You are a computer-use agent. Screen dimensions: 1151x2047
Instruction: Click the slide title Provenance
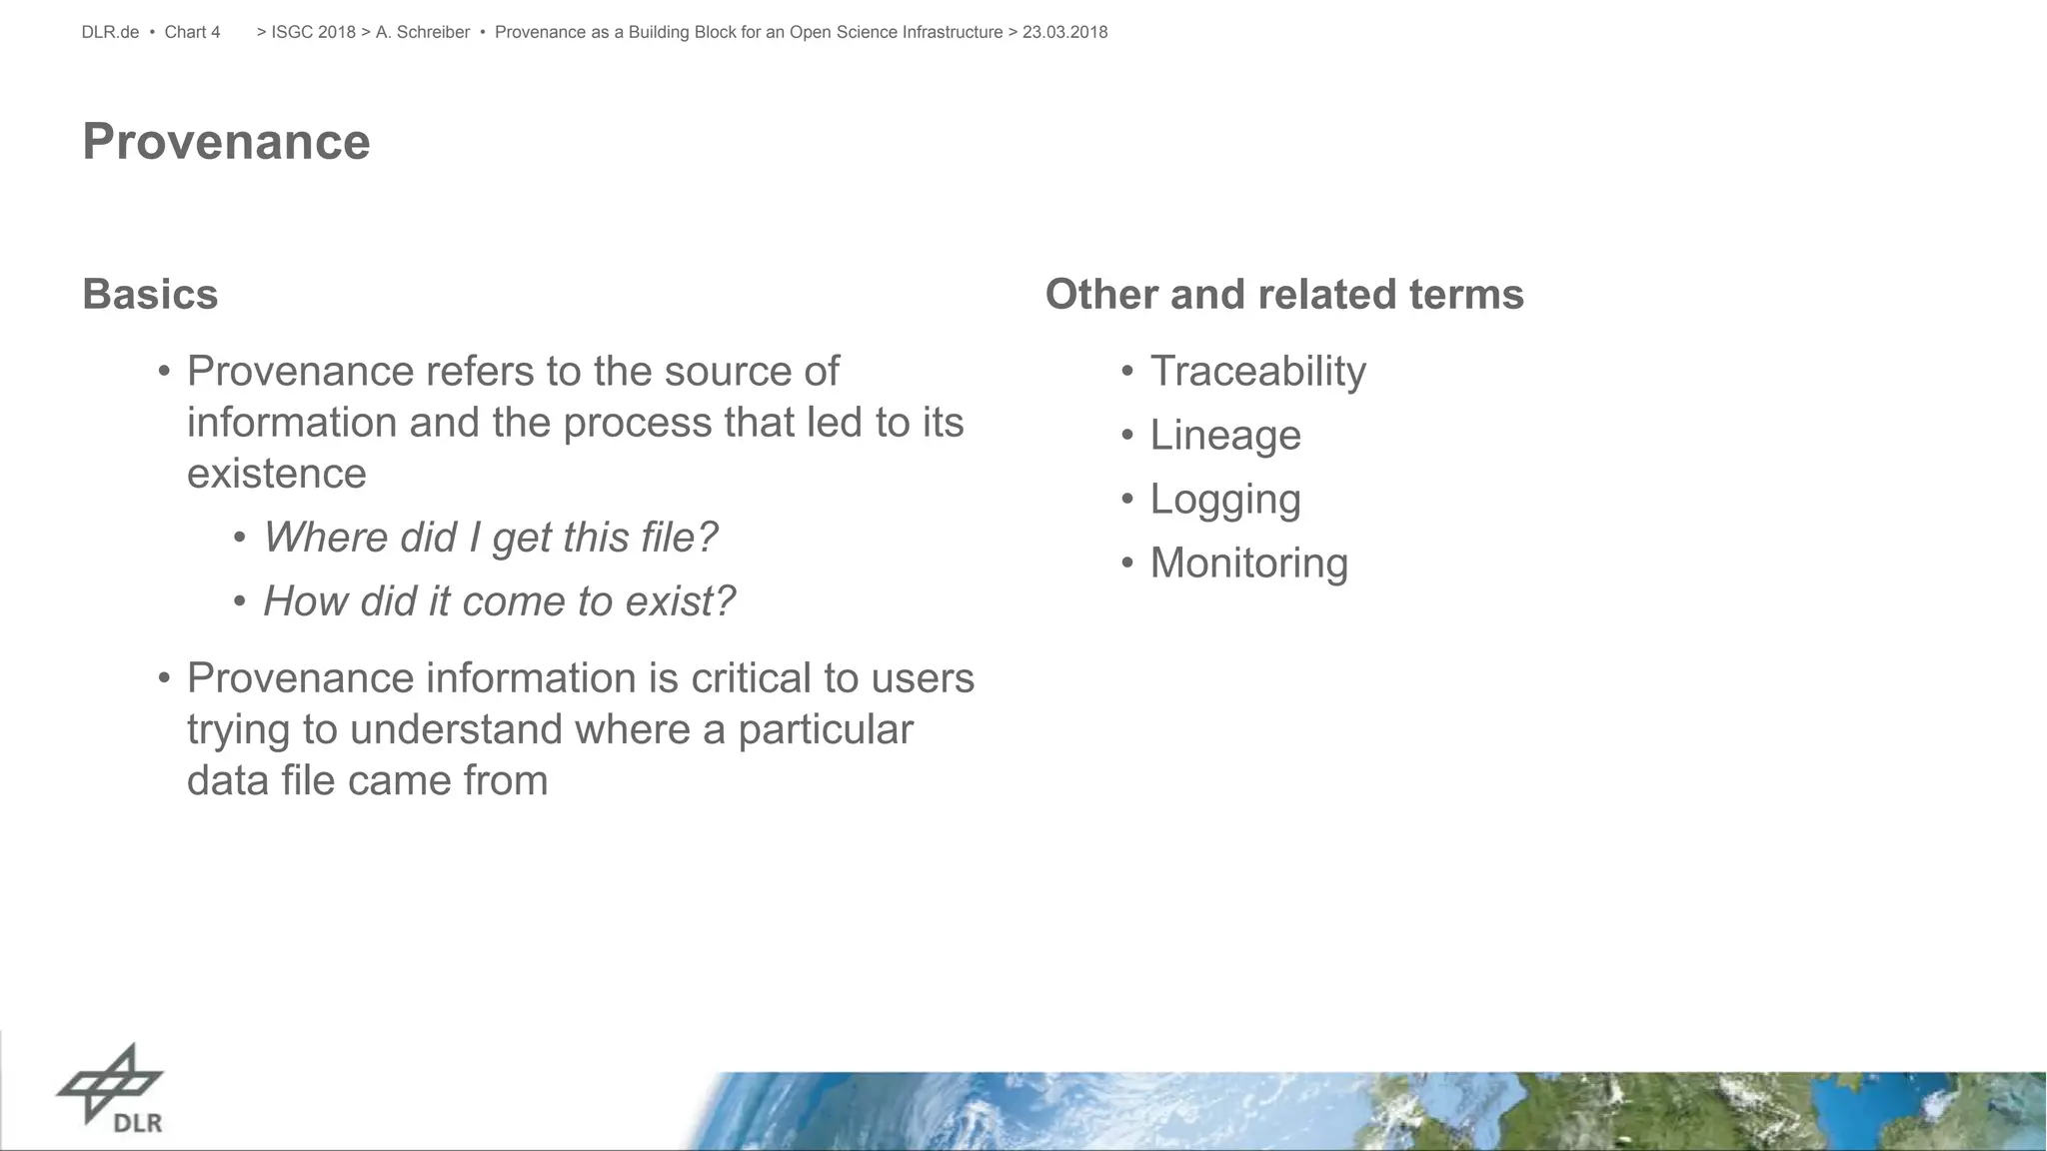(x=226, y=142)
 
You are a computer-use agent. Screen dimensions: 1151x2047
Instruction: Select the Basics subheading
(x=150, y=295)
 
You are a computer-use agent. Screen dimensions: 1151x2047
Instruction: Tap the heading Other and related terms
(x=1283, y=295)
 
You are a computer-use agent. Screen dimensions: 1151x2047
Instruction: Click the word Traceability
(x=1257, y=372)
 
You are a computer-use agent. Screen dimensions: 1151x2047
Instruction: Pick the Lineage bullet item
(x=1224, y=436)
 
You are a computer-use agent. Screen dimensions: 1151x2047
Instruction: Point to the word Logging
(x=1224, y=500)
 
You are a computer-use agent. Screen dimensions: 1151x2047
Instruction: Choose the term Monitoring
(x=1248, y=564)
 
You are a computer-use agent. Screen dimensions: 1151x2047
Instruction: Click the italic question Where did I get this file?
(x=490, y=538)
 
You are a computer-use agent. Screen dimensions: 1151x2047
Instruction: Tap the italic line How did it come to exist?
(x=499, y=601)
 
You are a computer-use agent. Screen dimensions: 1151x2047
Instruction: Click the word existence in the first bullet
(x=277, y=474)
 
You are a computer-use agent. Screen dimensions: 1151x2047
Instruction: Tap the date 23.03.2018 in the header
(x=1064, y=33)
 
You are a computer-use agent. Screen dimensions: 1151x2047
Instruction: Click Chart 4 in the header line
(x=192, y=33)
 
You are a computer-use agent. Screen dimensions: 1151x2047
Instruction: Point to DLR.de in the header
(x=110, y=33)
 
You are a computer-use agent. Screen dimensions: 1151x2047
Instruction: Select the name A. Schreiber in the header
(x=422, y=33)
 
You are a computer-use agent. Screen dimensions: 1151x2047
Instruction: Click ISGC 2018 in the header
(x=313, y=33)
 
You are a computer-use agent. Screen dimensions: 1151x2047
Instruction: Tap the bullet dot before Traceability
(x=1126, y=372)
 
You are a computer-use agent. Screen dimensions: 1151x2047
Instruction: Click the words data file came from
(x=367, y=780)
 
